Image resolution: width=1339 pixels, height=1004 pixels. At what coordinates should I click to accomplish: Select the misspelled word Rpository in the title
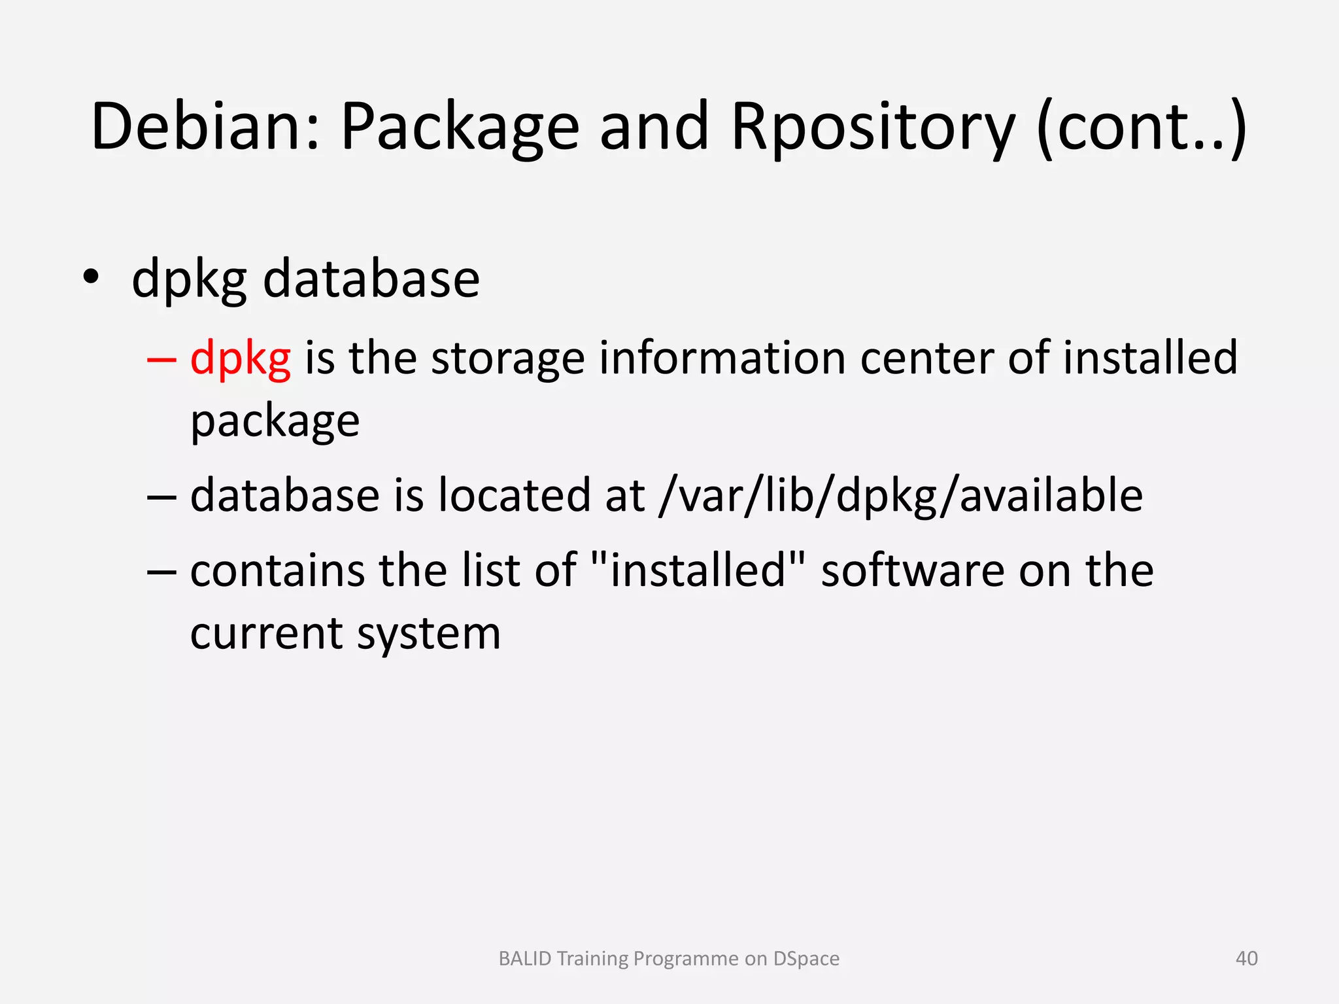pos(873,128)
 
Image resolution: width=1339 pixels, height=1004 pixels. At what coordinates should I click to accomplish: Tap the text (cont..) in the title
pos(1142,128)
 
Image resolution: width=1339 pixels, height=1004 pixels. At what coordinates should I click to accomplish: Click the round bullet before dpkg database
pos(91,277)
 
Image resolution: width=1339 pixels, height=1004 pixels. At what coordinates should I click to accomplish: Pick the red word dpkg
pos(240,359)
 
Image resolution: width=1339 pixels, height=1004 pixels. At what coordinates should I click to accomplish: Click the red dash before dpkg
pos(161,359)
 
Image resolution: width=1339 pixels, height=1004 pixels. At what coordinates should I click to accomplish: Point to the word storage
pos(507,359)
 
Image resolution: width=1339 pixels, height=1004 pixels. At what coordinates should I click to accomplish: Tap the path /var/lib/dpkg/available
pos(901,496)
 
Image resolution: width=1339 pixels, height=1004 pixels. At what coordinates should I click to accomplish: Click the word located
pos(515,494)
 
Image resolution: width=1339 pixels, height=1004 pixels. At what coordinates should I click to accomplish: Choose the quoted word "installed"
pos(697,570)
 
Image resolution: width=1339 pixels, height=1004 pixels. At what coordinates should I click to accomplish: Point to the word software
pos(910,570)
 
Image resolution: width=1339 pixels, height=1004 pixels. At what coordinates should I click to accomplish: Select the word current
pos(266,633)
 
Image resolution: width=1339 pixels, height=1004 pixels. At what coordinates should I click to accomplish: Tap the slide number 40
pos(1246,958)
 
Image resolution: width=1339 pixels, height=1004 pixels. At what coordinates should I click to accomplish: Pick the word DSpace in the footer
pos(806,959)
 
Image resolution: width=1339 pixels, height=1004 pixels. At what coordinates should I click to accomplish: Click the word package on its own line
pos(275,422)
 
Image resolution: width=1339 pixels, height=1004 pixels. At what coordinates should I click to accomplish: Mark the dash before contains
pos(161,570)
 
